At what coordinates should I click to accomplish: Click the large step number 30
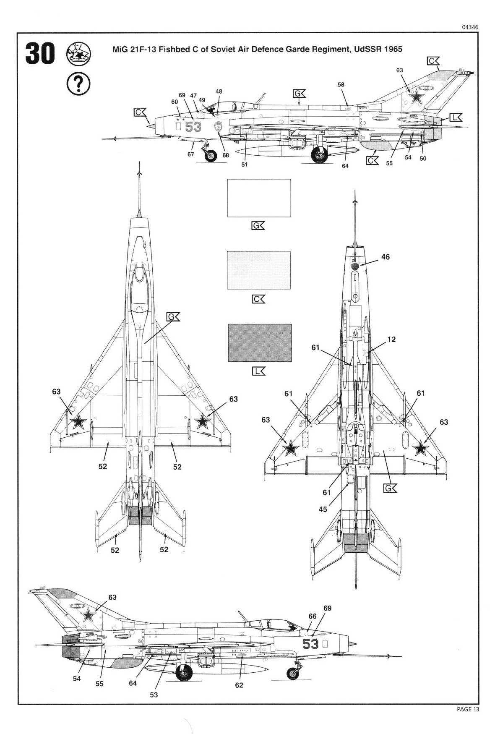click(40, 53)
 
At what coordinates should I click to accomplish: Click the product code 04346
click(470, 27)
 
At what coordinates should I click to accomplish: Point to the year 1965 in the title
click(392, 49)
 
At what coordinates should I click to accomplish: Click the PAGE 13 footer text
click(467, 709)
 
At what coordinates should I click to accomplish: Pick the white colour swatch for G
click(259, 198)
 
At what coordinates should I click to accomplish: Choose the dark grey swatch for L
click(260, 343)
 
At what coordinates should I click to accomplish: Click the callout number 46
click(385, 257)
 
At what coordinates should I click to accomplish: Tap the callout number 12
click(391, 339)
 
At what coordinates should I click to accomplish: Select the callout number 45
click(323, 509)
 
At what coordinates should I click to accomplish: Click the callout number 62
click(239, 685)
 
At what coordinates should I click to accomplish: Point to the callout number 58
click(341, 84)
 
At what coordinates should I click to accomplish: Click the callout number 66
click(313, 616)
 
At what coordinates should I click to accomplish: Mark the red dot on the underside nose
click(354, 266)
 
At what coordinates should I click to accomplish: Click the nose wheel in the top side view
click(211, 156)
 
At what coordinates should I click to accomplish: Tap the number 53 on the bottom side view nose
click(310, 644)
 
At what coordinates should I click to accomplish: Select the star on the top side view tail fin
click(416, 97)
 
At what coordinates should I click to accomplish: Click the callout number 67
click(191, 154)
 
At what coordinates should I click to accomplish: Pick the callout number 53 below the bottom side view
click(154, 695)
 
